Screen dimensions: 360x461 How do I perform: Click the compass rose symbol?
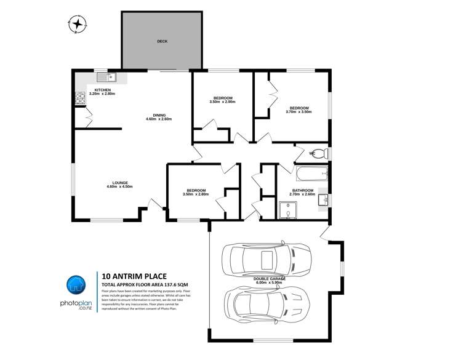point(78,24)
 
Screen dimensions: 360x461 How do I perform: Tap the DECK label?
point(162,41)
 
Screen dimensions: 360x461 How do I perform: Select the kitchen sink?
point(111,77)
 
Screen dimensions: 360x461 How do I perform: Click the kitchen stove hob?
point(79,97)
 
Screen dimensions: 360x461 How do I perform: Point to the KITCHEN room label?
point(103,90)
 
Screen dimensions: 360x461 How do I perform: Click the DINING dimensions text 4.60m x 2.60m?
point(158,119)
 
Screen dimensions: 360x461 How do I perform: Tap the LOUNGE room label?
point(120,183)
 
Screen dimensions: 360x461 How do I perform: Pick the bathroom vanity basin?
point(323,200)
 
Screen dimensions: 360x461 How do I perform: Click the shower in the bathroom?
point(287,210)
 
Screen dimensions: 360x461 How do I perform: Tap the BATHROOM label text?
point(303,190)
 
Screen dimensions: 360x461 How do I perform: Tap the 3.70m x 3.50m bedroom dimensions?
point(299,112)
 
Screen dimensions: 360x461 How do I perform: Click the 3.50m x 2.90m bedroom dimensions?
point(222,102)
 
